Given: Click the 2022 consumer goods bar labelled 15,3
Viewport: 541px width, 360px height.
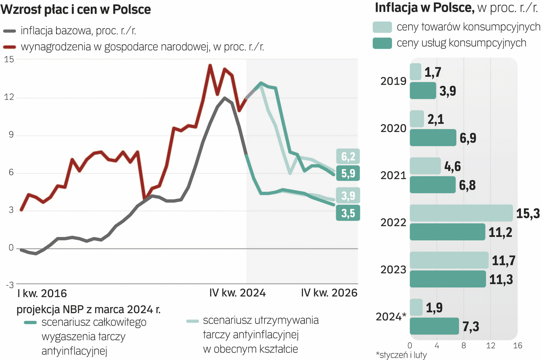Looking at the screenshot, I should [x=461, y=213].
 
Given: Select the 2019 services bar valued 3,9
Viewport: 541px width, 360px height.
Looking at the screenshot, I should [x=423, y=90].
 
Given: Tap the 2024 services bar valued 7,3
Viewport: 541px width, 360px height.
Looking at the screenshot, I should [x=434, y=326].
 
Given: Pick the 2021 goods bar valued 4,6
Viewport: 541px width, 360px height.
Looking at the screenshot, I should [x=425, y=166].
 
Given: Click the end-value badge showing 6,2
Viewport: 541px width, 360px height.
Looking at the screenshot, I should [x=348, y=156].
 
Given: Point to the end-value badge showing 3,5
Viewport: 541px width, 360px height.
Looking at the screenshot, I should [x=348, y=213].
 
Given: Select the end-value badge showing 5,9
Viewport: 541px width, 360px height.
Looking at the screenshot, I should [x=348, y=173].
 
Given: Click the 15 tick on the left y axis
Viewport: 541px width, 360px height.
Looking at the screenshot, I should [x=9, y=59].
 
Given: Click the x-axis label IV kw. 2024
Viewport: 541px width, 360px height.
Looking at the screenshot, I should [x=237, y=293].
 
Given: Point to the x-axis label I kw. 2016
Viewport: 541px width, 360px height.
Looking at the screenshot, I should [x=42, y=293].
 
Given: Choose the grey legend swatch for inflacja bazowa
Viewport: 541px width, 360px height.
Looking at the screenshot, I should [x=10, y=31].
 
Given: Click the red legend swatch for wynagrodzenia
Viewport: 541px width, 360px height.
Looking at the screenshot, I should [x=10, y=47].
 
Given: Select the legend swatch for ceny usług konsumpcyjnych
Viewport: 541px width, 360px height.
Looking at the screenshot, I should [x=382, y=43].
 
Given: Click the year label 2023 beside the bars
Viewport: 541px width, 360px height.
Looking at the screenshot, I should [x=393, y=269].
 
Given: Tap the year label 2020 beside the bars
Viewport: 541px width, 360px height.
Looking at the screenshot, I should [x=393, y=128].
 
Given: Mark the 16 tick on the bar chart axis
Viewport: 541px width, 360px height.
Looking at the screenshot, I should [x=517, y=346].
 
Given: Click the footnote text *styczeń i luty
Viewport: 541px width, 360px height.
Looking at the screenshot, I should [x=401, y=355].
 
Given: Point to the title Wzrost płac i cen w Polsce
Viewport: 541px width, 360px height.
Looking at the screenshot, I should [x=76, y=9].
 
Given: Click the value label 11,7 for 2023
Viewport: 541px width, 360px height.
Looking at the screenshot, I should [x=504, y=260].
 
